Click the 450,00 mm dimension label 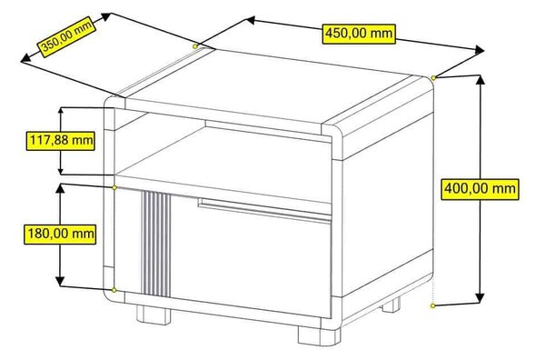(x=359, y=34)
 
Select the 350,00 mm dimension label (x=66, y=36)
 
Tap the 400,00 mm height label (x=480, y=189)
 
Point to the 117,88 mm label (x=61, y=141)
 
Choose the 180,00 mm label (x=60, y=234)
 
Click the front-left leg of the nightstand (x=154, y=315)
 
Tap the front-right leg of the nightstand (x=319, y=335)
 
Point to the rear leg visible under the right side (x=391, y=305)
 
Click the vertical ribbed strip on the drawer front (x=155, y=244)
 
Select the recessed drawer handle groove (x=264, y=210)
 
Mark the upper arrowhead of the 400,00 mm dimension (x=480, y=80)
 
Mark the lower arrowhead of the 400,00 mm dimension (x=480, y=298)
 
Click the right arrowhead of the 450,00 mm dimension (x=480, y=50)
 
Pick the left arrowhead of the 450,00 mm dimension (x=251, y=20)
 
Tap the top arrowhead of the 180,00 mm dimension (x=60, y=188)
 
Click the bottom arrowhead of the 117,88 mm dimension (x=61, y=170)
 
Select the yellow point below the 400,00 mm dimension (x=432, y=305)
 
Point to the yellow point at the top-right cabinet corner (x=433, y=78)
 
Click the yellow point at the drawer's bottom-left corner (x=114, y=290)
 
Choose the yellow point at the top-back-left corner (x=195, y=46)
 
